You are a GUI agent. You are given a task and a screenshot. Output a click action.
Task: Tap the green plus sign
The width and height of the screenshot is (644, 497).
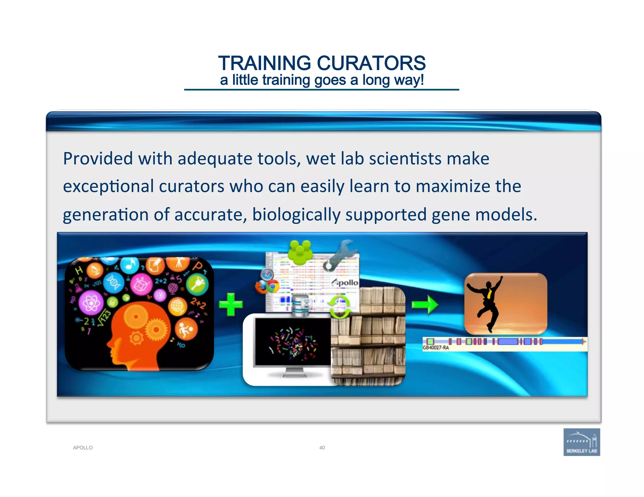(230, 304)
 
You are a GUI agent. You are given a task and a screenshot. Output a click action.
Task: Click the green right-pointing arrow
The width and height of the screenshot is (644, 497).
(425, 304)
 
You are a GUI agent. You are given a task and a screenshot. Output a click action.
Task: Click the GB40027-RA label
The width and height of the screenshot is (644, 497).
(436, 347)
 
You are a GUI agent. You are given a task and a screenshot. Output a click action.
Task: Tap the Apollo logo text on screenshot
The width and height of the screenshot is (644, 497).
(345, 282)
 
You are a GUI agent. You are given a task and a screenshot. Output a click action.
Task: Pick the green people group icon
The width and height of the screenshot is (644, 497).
(300, 252)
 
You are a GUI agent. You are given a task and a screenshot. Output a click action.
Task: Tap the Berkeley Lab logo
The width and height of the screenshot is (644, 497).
(581, 442)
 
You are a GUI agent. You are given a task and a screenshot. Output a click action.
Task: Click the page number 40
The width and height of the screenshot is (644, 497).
(322, 448)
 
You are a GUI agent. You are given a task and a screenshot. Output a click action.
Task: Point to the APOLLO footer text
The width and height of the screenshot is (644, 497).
(83, 448)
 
